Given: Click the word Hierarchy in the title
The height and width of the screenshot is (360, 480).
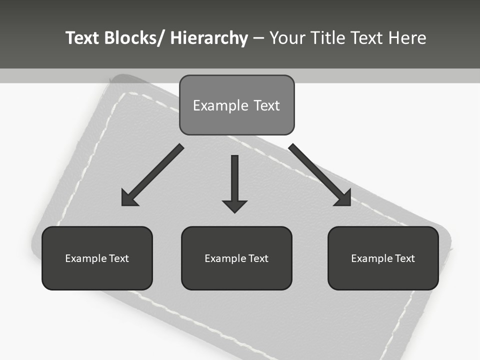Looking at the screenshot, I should pyautogui.click(x=209, y=38).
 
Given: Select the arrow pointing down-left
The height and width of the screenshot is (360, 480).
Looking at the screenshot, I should pyautogui.click(x=152, y=175).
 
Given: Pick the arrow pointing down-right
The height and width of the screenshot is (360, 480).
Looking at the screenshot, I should pyautogui.click(x=320, y=175).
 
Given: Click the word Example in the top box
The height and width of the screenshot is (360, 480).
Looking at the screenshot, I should pyautogui.click(x=213, y=105).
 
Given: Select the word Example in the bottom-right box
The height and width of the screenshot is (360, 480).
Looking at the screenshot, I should pyautogui.click(x=372, y=258).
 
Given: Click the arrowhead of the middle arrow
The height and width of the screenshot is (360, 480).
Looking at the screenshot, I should pyautogui.click(x=234, y=205).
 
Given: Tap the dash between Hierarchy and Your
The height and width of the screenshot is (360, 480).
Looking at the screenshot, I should pyautogui.click(x=258, y=38).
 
